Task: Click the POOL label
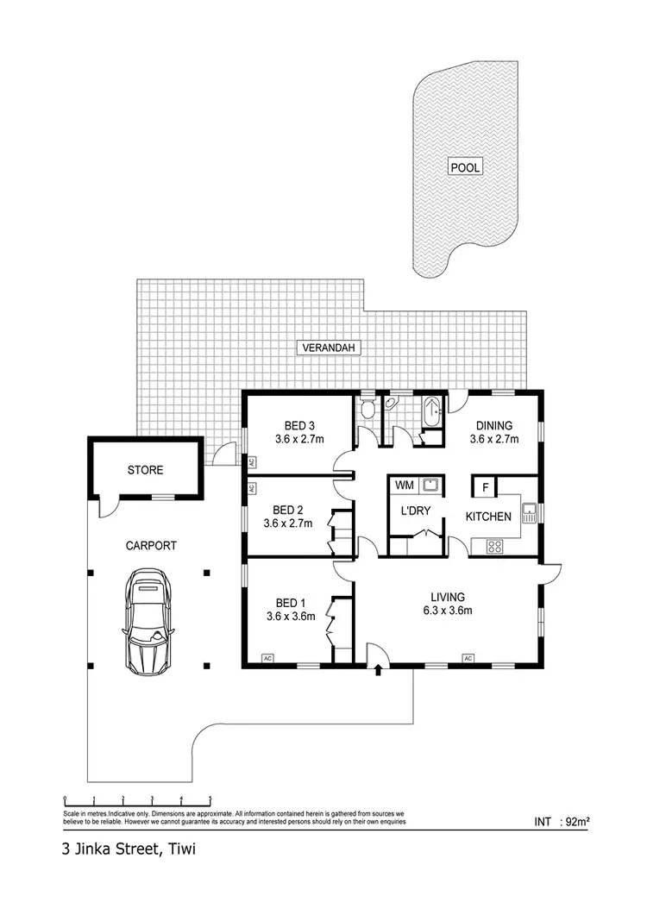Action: pyautogui.click(x=465, y=167)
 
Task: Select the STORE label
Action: pyautogui.click(x=145, y=470)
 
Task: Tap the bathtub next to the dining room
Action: pyautogui.click(x=431, y=409)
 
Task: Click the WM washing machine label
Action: pyautogui.click(x=404, y=486)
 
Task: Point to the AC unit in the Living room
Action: pyautogui.click(x=468, y=659)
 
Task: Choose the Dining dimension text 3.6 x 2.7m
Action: pyautogui.click(x=492, y=439)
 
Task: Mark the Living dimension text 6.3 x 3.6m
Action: pyautogui.click(x=449, y=611)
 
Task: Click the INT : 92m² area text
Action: pyautogui.click(x=562, y=822)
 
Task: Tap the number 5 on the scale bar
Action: pyautogui.click(x=210, y=799)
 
